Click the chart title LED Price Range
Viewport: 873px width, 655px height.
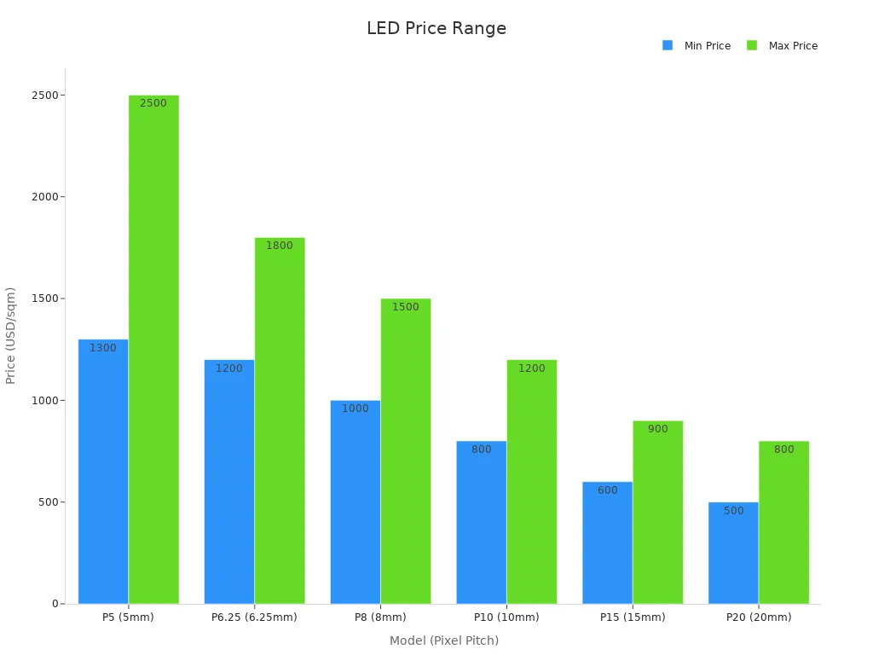click(436, 28)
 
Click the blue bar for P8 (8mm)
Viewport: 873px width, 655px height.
click(356, 502)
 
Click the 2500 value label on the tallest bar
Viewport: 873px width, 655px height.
click(153, 103)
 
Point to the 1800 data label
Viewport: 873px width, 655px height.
click(280, 246)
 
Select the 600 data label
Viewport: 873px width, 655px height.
click(607, 490)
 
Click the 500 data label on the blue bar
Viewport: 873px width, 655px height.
click(733, 511)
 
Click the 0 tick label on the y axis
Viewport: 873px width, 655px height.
click(55, 604)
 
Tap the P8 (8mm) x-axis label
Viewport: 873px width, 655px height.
click(380, 617)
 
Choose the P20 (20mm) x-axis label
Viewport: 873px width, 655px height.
click(759, 617)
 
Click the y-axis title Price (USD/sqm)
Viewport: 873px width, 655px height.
click(11, 335)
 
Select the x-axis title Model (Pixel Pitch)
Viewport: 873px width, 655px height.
click(443, 641)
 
